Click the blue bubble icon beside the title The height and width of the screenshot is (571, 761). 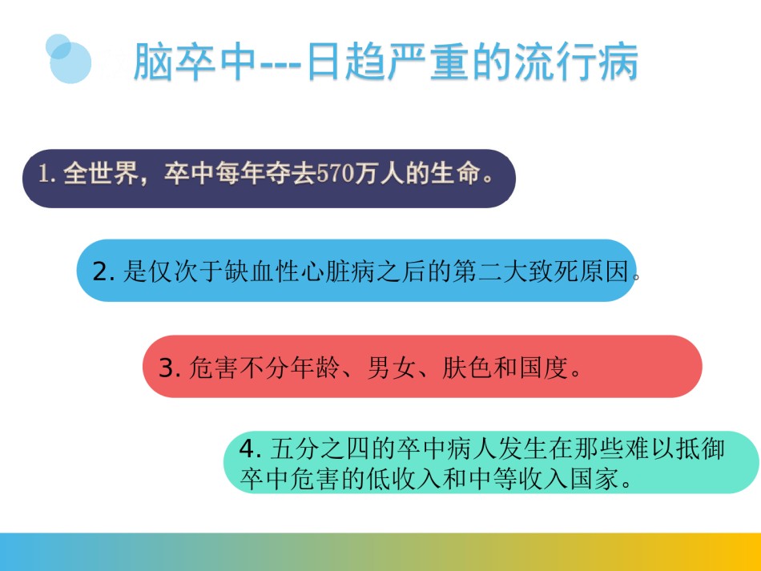point(68,59)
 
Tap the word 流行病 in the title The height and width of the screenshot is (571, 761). point(576,62)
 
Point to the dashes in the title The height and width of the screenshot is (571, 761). point(281,65)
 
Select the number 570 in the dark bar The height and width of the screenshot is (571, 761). point(335,173)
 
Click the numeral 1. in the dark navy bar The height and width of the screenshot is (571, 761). point(47,174)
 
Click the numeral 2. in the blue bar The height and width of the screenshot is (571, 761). point(104,271)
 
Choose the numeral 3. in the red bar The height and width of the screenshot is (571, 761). point(170,368)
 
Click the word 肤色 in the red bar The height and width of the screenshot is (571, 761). point(467,368)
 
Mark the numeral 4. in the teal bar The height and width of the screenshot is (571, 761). point(251,448)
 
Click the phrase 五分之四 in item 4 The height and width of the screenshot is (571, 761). point(320,448)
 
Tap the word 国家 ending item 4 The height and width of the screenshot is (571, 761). point(594,479)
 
